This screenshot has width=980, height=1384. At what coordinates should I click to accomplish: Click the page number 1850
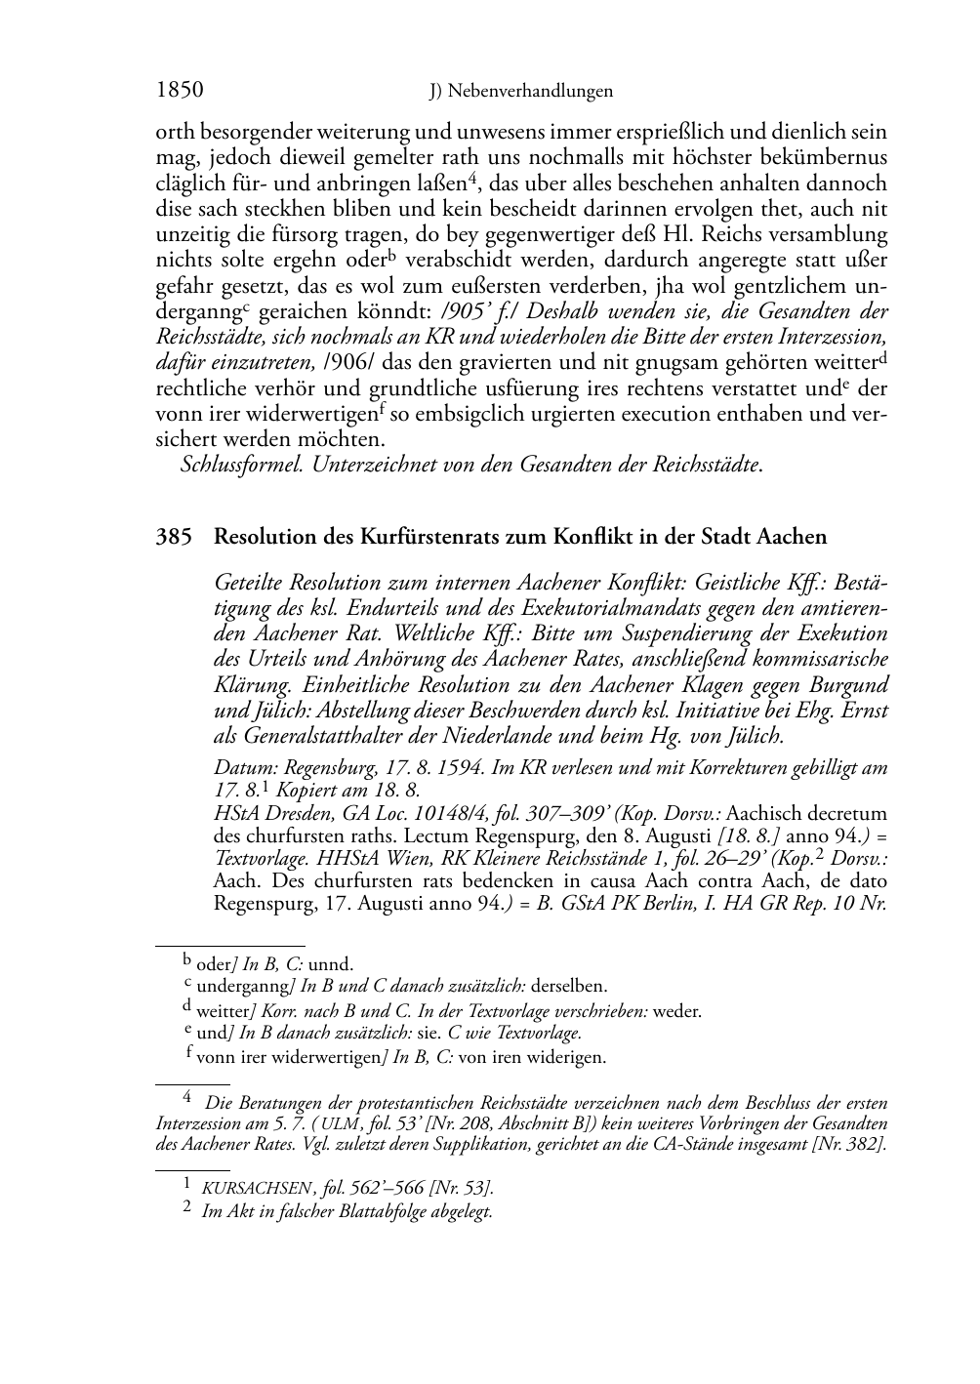[180, 91]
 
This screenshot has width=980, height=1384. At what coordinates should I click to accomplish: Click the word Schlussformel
[244, 465]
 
